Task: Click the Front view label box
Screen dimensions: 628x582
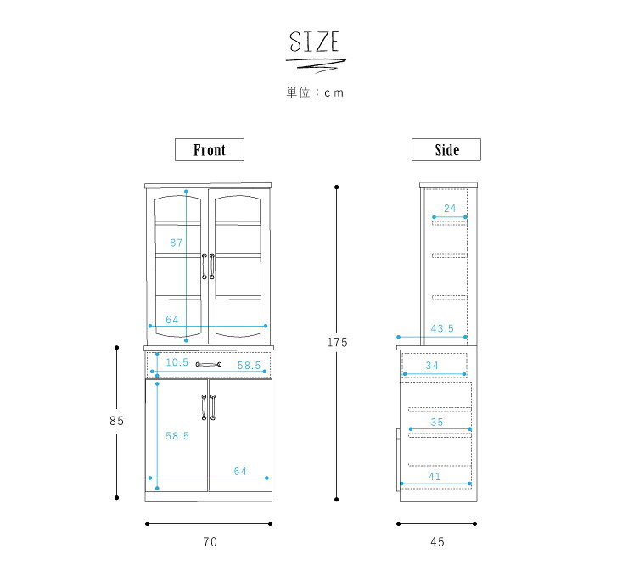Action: [x=210, y=149]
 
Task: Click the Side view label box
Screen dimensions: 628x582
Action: [x=446, y=149]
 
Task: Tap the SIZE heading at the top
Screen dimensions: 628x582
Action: [x=314, y=42]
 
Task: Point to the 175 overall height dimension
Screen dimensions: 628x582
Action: [x=337, y=342]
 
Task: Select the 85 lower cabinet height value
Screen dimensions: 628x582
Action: [x=116, y=421]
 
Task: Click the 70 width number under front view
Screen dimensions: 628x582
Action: [x=210, y=542]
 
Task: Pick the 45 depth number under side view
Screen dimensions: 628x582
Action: [x=437, y=542]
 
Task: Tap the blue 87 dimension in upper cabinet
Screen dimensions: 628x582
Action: [x=177, y=243]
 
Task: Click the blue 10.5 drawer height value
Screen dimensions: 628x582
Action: [x=177, y=362]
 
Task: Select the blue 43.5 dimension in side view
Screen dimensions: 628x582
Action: [x=442, y=328]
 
